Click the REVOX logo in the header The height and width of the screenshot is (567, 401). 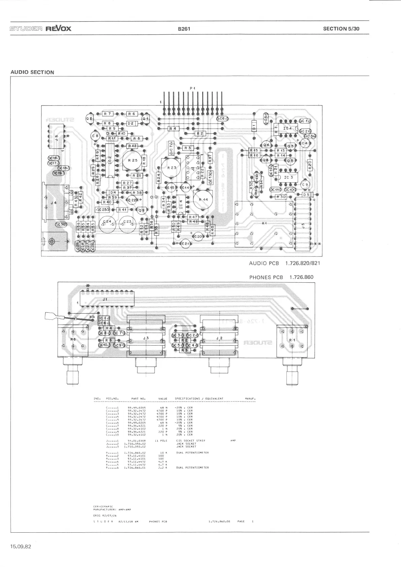coord(59,28)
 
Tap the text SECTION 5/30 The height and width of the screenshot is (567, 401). coord(341,29)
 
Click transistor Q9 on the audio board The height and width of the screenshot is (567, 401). coord(141,211)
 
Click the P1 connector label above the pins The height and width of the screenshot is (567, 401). coord(192,88)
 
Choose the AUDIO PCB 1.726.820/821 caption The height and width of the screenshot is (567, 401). coord(284,263)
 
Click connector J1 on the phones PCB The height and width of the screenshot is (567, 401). coord(105,299)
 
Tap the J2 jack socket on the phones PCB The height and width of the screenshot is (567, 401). coord(219,338)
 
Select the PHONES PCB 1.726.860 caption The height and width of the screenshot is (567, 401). coord(281,277)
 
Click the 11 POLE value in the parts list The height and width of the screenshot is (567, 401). coord(161,441)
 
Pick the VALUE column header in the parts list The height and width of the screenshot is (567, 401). coord(163,399)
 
